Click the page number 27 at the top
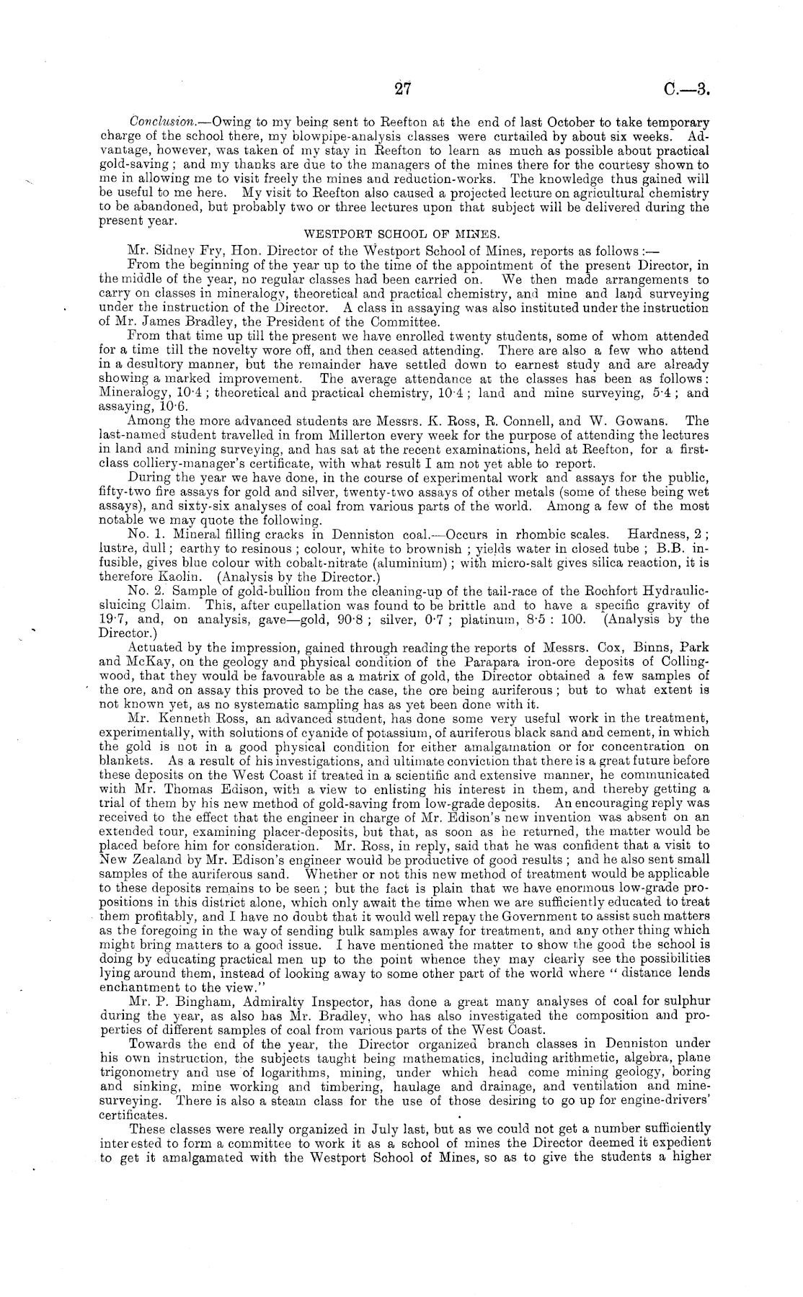coord(401,89)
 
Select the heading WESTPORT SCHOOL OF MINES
coord(404,235)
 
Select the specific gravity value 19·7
coord(110,618)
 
